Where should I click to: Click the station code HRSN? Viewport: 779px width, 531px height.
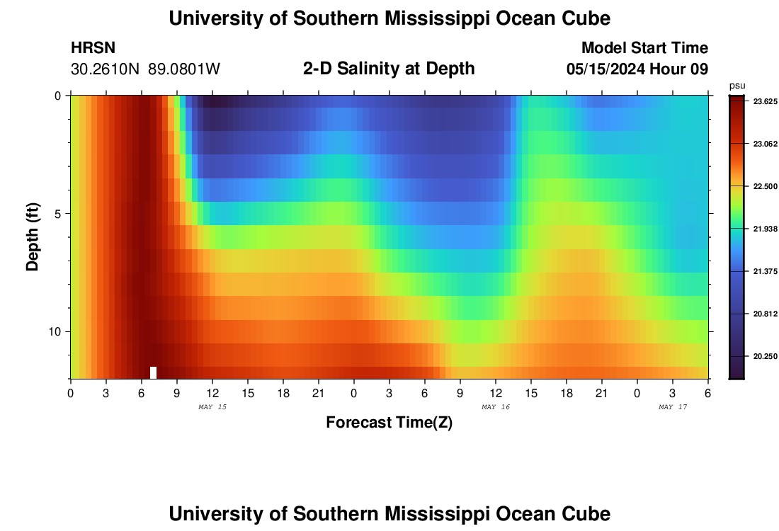[x=93, y=48]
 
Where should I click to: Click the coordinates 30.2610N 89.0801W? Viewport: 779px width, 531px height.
[x=145, y=69]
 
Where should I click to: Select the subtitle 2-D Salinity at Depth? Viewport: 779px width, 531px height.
[x=389, y=69]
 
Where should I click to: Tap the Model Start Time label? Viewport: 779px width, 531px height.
[x=644, y=48]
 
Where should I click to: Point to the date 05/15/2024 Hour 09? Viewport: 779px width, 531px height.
[x=637, y=69]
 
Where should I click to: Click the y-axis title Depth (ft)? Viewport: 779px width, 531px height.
[x=33, y=236]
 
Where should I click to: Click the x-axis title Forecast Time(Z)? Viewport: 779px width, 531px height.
[x=389, y=423]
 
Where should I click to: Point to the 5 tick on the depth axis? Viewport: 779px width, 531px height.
[x=58, y=213]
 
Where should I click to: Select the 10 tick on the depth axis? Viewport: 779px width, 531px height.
[x=55, y=331]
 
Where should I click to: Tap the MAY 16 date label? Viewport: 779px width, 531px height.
[x=496, y=407]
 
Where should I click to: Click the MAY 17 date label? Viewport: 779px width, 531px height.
[x=673, y=407]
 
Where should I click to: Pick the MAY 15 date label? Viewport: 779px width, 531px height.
[x=212, y=407]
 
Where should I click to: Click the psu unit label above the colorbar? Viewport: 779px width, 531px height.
[x=737, y=86]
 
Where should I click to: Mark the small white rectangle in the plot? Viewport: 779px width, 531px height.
[x=153, y=372]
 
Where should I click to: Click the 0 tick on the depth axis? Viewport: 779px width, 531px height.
[x=58, y=96]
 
